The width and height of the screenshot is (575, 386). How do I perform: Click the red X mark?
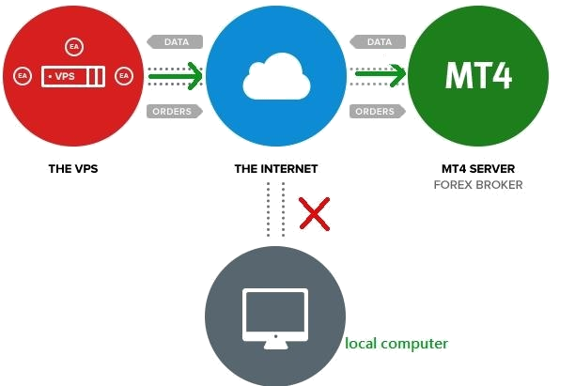point(315,214)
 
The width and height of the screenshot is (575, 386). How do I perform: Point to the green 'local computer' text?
point(396,344)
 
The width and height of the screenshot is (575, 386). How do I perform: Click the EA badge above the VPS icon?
point(74,45)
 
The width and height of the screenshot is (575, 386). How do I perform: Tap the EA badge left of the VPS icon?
point(23,75)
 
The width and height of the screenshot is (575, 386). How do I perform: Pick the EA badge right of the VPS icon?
point(123,75)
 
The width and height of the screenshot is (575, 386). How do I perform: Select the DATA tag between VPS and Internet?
point(173,42)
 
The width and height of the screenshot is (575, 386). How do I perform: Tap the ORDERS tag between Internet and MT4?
point(376,111)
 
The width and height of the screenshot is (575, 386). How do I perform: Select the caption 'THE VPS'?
point(73,170)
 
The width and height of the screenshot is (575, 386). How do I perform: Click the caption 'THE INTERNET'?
point(276,170)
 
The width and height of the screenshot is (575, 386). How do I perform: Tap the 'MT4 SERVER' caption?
point(477,170)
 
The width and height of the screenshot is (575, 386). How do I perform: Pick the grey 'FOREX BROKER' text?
point(477,185)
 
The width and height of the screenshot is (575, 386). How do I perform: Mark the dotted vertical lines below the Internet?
point(274,208)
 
